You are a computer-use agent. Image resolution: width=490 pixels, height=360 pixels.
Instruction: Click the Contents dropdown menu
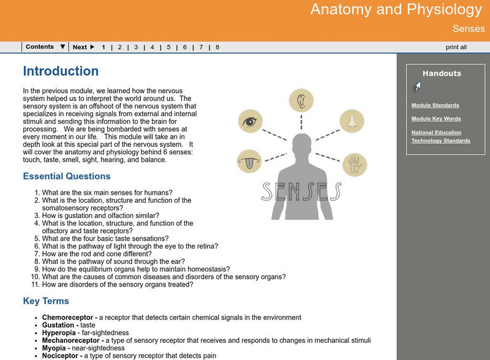[45, 47]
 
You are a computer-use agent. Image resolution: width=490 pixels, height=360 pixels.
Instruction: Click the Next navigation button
[83, 47]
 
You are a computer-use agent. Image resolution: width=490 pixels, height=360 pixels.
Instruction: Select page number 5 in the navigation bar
[168, 47]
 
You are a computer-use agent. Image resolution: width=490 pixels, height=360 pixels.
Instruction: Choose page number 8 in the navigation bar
[217, 47]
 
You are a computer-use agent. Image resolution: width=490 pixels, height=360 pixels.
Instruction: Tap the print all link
[456, 47]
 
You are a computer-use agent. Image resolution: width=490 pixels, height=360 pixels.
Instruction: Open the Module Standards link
[435, 105]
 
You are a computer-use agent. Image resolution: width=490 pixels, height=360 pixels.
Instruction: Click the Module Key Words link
[436, 119]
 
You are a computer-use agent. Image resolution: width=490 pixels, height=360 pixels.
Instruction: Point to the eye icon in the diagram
[251, 121]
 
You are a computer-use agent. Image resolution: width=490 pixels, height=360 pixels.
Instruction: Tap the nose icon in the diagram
[352, 121]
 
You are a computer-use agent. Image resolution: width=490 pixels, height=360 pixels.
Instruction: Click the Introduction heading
[61, 72]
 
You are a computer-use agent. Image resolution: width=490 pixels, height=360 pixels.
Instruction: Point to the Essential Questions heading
[67, 176]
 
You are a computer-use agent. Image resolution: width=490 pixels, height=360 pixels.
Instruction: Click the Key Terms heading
[46, 301]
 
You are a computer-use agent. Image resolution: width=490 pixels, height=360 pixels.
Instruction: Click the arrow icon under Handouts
[417, 86]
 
